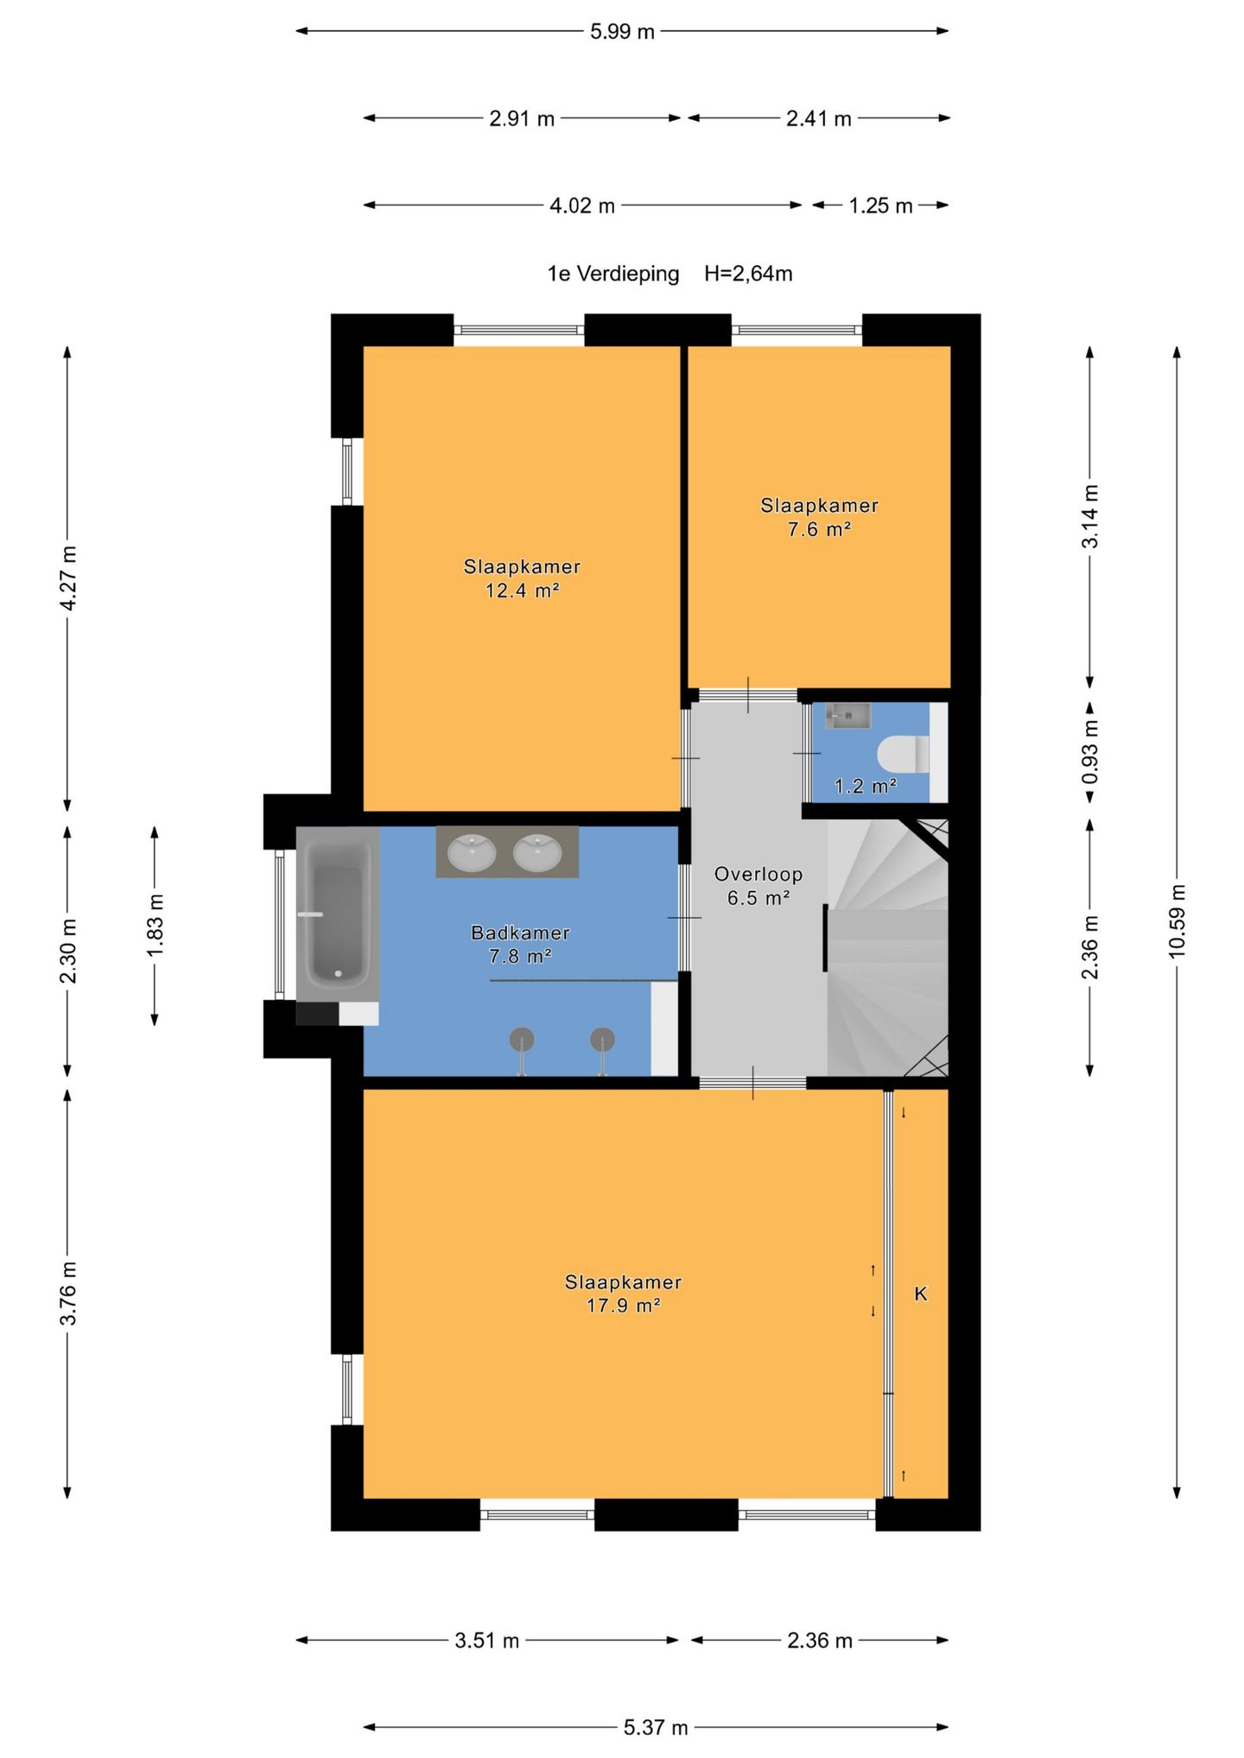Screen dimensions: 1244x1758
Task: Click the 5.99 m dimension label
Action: pyautogui.click(x=622, y=32)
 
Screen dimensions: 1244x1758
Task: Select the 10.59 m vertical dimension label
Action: pyautogui.click(x=1177, y=920)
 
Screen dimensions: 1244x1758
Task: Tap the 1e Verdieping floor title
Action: pyautogui.click(x=613, y=274)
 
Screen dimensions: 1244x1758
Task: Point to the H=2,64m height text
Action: pyautogui.click(x=748, y=274)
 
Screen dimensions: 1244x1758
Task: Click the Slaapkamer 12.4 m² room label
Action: pyautogui.click(x=522, y=579)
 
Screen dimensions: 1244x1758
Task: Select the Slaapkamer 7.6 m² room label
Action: pyautogui.click(x=819, y=517)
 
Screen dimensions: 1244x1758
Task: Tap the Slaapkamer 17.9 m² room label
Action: pyautogui.click(x=623, y=1293)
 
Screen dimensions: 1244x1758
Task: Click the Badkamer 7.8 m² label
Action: pyautogui.click(x=520, y=944)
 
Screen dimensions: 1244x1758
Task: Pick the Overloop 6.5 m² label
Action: pyautogui.click(x=758, y=886)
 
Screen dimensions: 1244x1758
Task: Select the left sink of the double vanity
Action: pyautogui.click(x=472, y=852)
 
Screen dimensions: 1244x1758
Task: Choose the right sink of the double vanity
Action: pyautogui.click(x=537, y=852)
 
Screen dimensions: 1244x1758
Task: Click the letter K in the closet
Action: pyautogui.click(x=921, y=1293)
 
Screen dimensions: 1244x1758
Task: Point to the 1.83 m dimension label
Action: pyautogui.click(x=155, y=926)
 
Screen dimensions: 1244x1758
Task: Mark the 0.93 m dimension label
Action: pyautogui.click(x=1090, y=752)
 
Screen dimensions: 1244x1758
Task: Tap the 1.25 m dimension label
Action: pyautogui.click(x=880, y=206)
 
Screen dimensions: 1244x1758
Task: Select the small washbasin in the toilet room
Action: pyautogui.click(x=847, y=716)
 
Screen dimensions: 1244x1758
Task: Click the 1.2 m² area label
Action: pyautogui.click(x=865, y=787)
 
